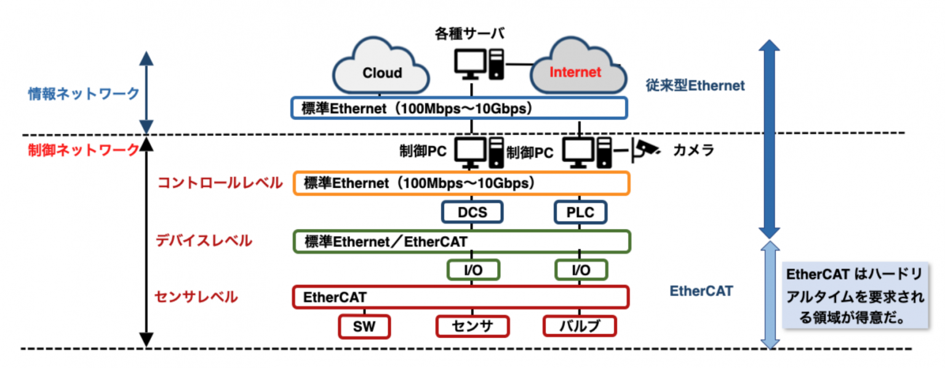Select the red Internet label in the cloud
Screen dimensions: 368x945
[x=575, y=72]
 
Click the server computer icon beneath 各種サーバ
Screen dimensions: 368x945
[x=479, y=65]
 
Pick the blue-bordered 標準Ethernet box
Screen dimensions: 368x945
[x=459, y=108]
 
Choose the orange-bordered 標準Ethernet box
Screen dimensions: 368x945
[x=461, y=183]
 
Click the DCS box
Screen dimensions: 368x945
[x=472, y=212]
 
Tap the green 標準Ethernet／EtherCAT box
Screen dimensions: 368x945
[x=461, y=241]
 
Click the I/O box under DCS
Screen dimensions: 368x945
[x=472, y=270]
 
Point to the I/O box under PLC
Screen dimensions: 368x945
[x=580, y=270]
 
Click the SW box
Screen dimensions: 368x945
[x=365, y=326]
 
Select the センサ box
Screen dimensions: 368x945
[x=472, y=326]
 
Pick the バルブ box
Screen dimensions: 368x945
[x=580, y=326]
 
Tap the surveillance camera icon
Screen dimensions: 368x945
[x=647, y=148]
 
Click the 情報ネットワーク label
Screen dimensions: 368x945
[x=84, y=94]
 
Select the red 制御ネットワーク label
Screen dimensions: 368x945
[x=84, y=150]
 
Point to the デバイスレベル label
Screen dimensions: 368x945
[x=204, y=241]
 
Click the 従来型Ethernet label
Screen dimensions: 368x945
[x=695, y=86]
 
